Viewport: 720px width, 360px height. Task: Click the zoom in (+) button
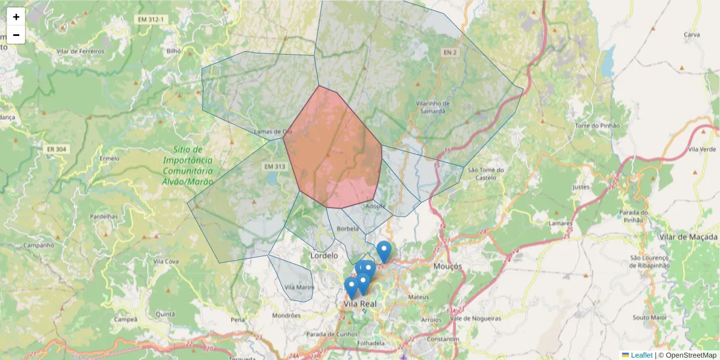16,17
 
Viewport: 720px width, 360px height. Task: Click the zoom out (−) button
16,35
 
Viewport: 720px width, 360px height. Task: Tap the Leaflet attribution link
641,355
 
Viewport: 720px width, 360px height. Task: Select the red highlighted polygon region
333,150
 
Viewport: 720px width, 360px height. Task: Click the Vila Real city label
360,304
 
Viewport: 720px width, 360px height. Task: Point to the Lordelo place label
324,256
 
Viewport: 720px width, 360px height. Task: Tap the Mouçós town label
448,265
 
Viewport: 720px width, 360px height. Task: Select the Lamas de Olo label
273,131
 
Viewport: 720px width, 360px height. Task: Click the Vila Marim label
299,287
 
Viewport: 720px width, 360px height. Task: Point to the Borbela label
348,229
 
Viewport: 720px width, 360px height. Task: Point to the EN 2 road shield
451,53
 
